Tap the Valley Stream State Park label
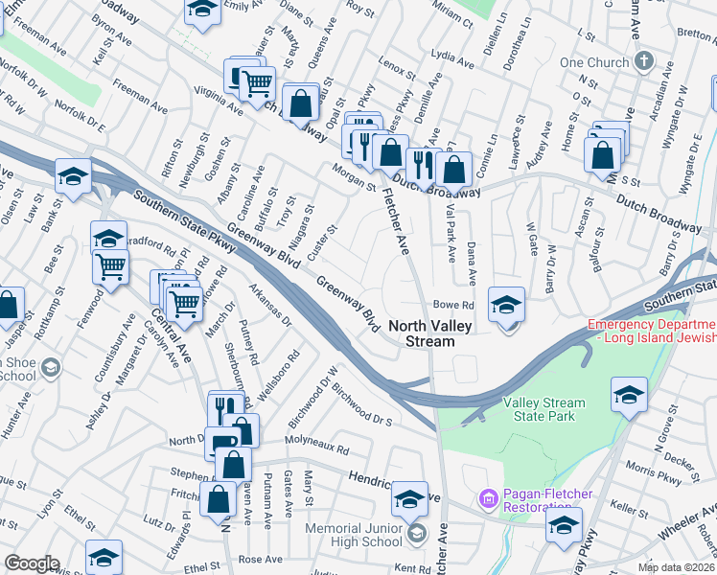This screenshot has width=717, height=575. point(544,410)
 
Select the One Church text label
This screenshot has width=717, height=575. point(592,62)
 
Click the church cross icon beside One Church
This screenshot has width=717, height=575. point(643,61)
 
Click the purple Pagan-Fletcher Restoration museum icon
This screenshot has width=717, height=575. point(488,499)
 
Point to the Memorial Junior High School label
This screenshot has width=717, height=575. point(354,535)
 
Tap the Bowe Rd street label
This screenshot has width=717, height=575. point(454,306)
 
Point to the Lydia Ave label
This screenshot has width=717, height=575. point(454,57)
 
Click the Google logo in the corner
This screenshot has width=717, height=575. point(32,563)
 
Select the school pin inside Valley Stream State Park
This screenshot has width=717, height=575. point(629,395)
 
